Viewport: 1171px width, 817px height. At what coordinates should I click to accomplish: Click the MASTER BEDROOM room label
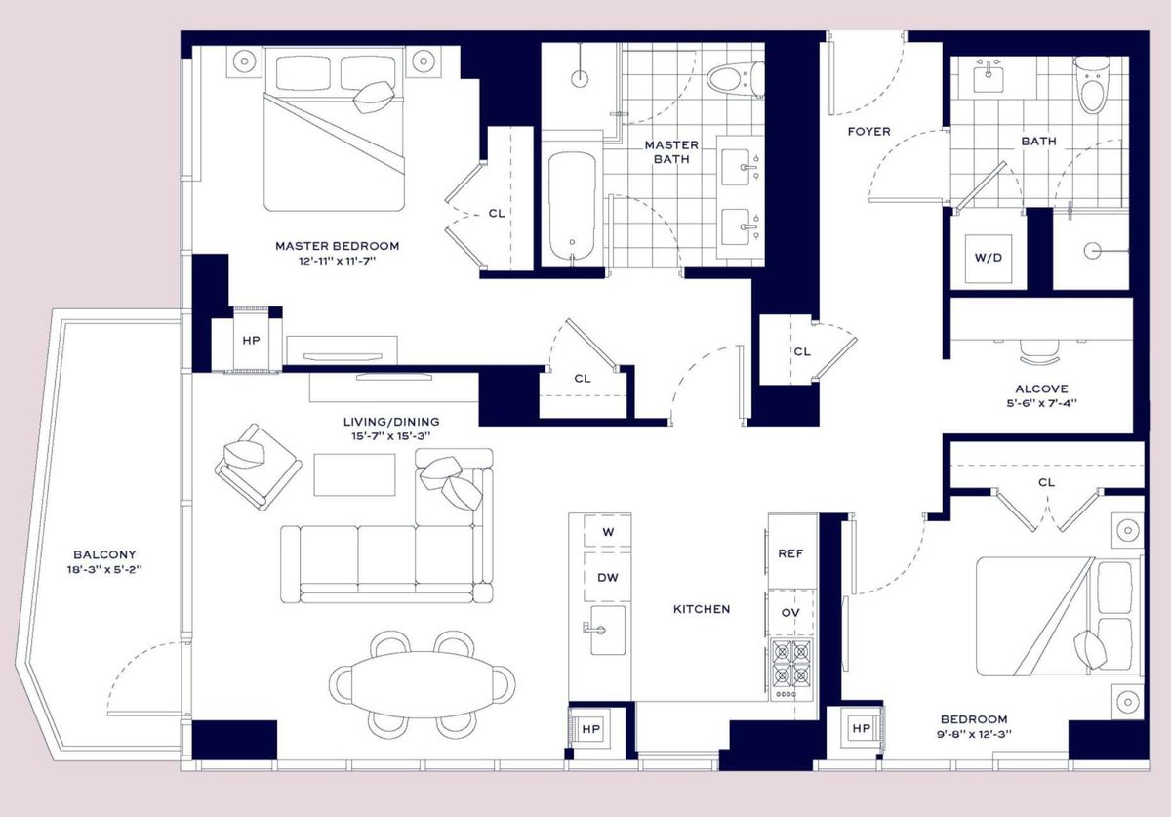tap(337, 246)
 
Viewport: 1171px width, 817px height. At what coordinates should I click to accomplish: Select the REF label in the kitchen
tap(790, 553)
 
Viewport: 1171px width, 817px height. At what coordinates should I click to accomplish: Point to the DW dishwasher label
tap(607, 578)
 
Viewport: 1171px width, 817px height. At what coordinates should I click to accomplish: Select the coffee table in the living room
tap(354, 475)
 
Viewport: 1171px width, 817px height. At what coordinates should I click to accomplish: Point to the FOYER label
tap(868, 131)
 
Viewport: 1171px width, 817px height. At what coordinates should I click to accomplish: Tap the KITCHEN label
tap(701, 609)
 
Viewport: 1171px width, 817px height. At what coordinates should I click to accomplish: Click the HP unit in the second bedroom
tap(861, 729)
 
